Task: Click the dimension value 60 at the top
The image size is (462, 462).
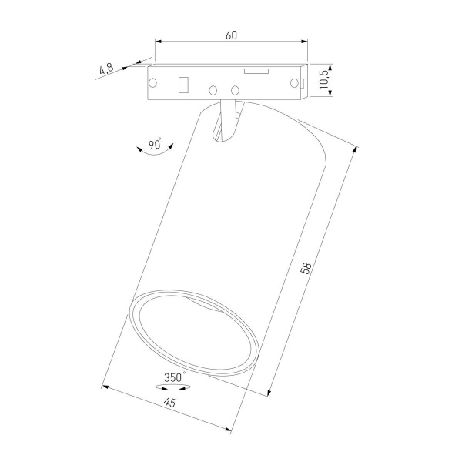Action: point(231,35)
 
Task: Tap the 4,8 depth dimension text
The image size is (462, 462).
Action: point(106,70)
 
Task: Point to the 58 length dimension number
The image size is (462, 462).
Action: point(306,269)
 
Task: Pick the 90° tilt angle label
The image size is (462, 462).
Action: point(154,144)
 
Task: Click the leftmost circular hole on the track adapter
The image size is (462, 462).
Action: point(152,82)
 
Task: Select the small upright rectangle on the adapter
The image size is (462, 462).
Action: point(184,84)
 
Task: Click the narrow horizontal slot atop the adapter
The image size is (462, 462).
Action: point(256,72)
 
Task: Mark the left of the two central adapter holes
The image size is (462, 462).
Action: point(212,89)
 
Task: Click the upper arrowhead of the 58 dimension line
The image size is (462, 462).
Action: point(357,150)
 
